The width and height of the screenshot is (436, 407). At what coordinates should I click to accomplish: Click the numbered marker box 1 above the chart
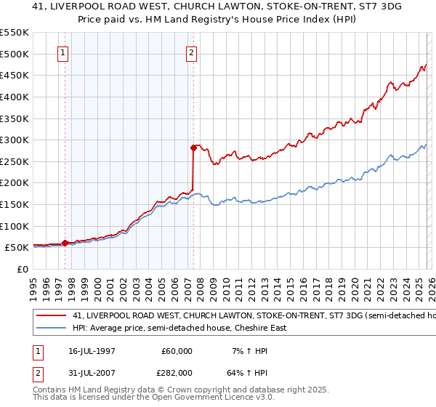pyautogui.click(x=64, y=52)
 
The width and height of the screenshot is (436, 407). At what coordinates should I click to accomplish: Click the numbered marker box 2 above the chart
pyautogui.click(x=192, y=52)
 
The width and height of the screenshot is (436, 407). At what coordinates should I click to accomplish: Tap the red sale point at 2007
pyautogui.click(x=194, y=148)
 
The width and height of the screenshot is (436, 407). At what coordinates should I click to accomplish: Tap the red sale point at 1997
pyautogui.click(x=65, y=243)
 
